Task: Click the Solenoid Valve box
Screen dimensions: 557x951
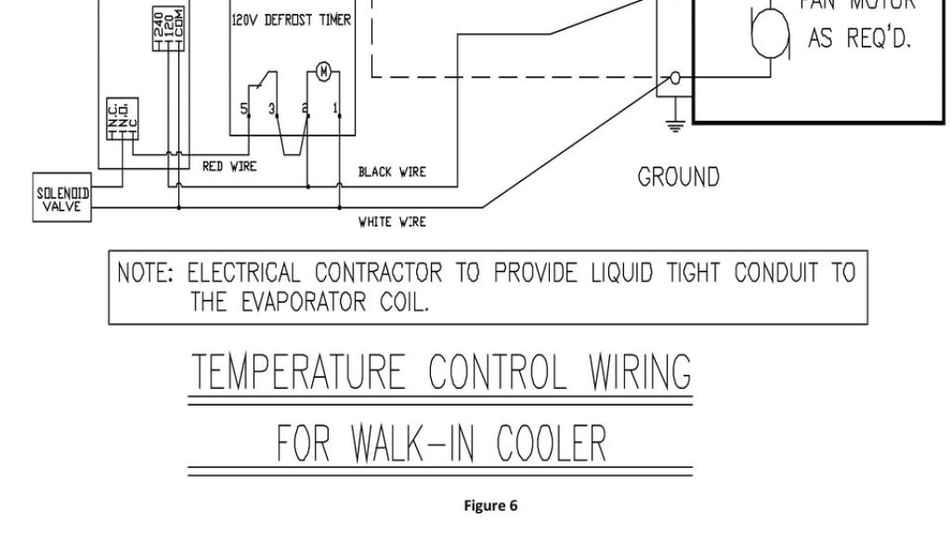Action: coord(64,198)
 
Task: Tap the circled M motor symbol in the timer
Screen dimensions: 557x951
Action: coord(323,71)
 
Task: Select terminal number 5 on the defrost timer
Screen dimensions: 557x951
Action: coord(245,110)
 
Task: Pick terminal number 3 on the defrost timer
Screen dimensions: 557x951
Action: coord(272,110)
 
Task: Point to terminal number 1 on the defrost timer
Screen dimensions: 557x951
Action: coord(335,110)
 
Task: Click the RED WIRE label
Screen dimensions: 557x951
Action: coord(229,166)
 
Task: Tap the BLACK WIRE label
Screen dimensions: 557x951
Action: coord(392,172)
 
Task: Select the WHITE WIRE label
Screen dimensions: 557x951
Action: coord(392,222)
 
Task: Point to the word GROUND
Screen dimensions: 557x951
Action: coord(678,176)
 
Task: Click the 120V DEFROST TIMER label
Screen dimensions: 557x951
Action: coord(291,19)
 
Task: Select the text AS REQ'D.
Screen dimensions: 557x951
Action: coord(859,40)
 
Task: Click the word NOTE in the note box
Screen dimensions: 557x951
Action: coord(145,274)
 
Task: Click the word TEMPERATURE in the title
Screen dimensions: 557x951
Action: coord(299,373)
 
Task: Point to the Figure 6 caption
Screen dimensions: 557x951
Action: coord(490,506)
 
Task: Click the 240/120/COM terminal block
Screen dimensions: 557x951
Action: coord(168,28)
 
